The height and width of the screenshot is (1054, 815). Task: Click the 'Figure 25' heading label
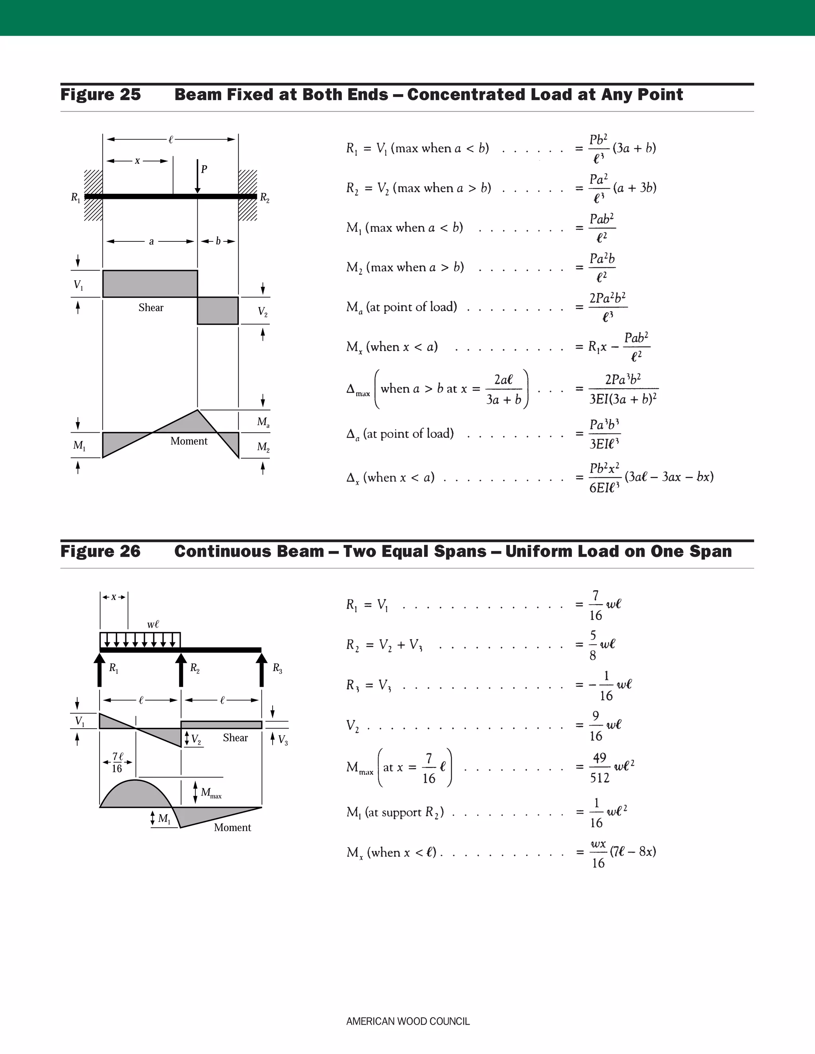click(100, 95)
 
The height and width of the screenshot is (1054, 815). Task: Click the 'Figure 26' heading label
click(100, 551)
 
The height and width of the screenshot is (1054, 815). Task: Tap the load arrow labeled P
click(197, 176)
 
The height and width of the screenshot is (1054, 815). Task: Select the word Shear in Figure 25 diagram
click(151, 307)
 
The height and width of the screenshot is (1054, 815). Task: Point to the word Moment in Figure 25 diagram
click(189, 441)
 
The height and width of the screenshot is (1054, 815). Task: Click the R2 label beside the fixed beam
click(265, 197)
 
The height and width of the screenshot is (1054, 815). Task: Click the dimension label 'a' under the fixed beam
click(151, 241)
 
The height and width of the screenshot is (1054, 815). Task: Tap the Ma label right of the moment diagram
click(263, 422)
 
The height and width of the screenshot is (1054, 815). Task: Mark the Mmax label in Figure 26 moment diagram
click(211, 792)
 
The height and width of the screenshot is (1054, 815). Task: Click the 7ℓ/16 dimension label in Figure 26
click(117, 762)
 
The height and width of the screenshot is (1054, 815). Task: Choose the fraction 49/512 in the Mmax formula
click(599, 767)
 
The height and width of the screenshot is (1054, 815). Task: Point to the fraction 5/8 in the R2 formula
click(593, 645)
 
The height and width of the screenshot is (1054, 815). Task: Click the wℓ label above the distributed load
click(153, 624)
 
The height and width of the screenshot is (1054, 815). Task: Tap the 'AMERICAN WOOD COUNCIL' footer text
click(407, 1021)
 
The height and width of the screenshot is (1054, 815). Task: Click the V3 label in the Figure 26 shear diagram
click(283, 740)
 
